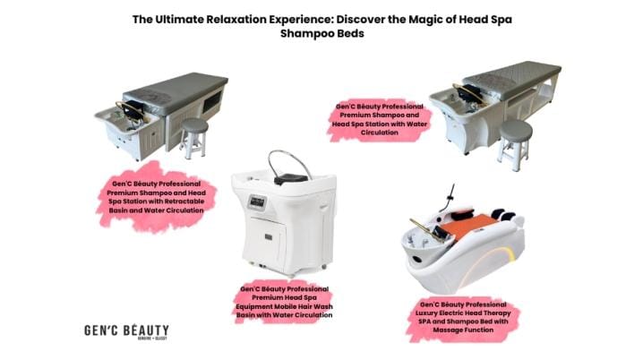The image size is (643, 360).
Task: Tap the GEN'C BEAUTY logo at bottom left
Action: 119,331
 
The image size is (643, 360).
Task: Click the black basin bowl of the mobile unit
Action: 284,179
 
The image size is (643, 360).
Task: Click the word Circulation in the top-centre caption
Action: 381,132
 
